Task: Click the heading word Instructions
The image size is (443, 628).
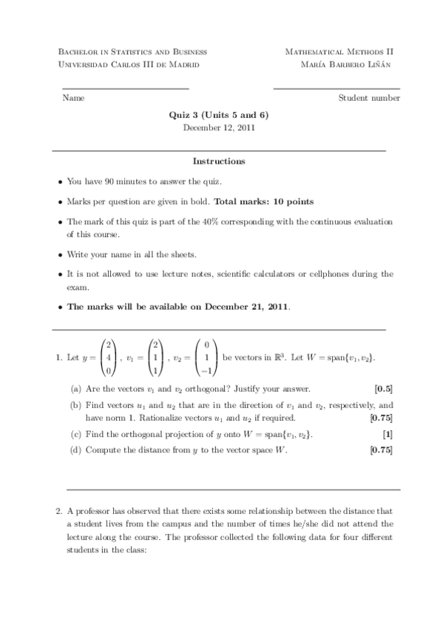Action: click(x=219, y=161)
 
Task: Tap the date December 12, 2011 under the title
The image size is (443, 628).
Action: click(x=219, y=127)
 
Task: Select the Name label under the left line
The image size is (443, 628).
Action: click(x=73, y=98)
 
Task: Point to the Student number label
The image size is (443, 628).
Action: click(x=369, y=98)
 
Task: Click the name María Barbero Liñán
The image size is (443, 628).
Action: click(x=351, y=64)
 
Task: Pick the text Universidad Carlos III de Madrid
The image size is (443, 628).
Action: click(x=128, y=64)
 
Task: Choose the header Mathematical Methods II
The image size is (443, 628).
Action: click(x=339, y=52)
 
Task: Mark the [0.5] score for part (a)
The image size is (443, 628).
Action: click(x=383, y=389)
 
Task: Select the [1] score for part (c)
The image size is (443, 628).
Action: click(x=388, y=433)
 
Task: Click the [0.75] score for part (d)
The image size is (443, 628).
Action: click(x=380, y=450)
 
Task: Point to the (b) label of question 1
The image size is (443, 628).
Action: click(x=75, y=405)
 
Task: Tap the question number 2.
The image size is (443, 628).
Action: click(x=58, y=510)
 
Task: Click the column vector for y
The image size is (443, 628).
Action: click(x=108, y=358)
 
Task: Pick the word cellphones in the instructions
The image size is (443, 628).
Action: click(x=333, y=274)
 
